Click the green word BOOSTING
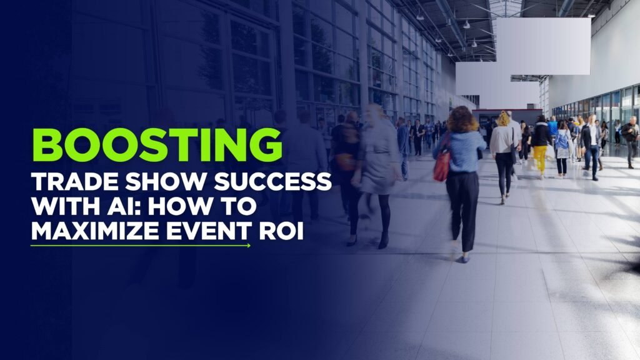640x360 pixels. pos(157,146)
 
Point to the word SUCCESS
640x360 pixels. pos(272,182)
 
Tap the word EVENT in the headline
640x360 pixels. pos(209,231)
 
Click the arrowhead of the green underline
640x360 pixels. pos(249,245)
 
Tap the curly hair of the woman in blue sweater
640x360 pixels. pos(462,119)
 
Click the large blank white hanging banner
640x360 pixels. pos(543,46)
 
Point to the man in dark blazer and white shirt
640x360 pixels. pos(591,147)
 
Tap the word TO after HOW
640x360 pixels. pos(236,206)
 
